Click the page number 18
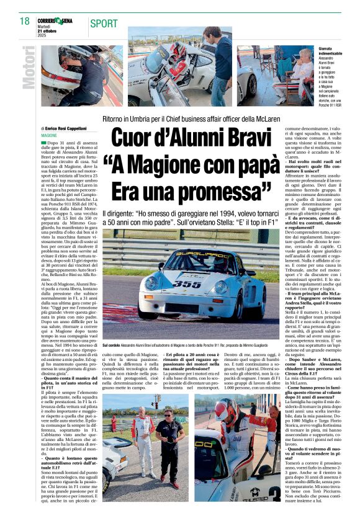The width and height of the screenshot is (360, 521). [x=24, y=22]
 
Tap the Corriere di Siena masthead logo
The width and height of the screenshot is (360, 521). [x=55, y=20]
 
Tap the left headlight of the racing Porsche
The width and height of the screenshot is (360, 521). [x=149, y=285]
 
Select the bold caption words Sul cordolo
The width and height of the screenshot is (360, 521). [x=112, y=344]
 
